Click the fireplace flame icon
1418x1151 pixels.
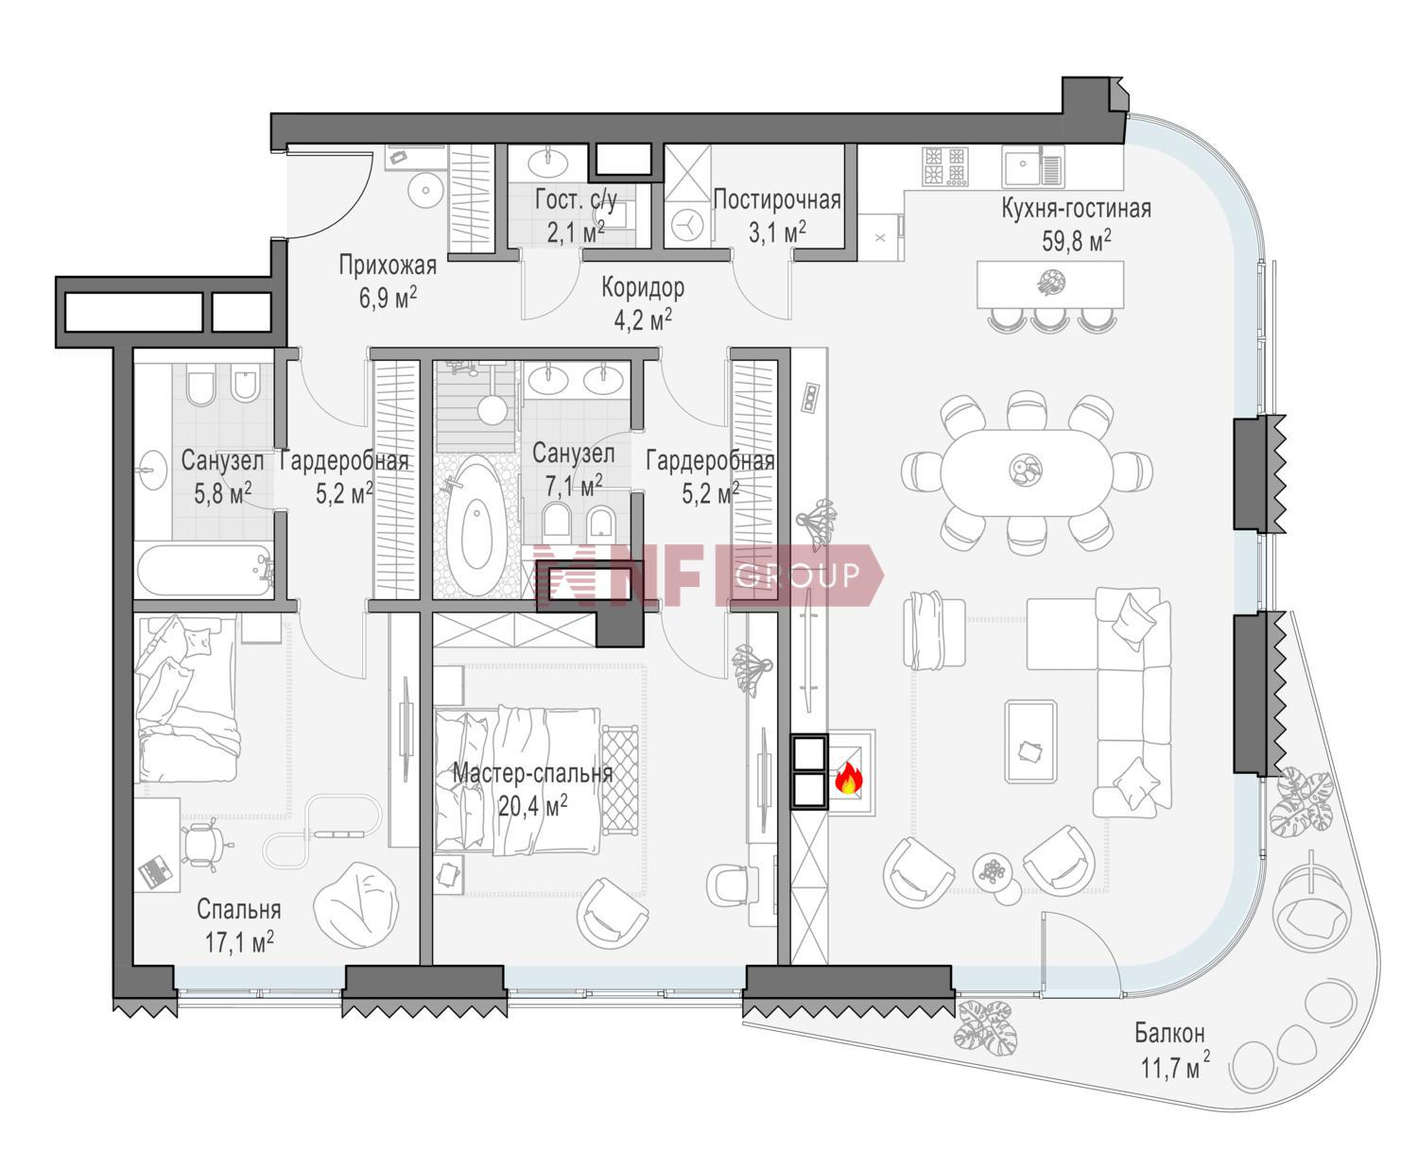(x=848, y=778)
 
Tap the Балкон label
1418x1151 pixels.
(x=1169, y=1033)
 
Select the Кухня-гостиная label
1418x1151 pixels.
(x=1077, y=208)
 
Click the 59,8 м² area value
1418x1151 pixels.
(x=1077, y=240)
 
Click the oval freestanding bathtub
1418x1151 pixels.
(x=476, y=525)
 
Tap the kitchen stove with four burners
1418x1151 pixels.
(x=944, y=165)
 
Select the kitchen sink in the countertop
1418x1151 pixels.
(x=1032, y=167)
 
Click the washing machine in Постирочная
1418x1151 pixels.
(x=687, y=224)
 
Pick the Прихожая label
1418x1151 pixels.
(x=388, y=265)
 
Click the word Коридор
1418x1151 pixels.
(x=643, y=287)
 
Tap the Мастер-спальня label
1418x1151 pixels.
(x=532, y=773)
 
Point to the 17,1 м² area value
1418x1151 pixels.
(x=239, y=941)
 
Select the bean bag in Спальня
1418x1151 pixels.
(x=356, y=905)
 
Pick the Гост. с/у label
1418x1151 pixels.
(x=576, y=199)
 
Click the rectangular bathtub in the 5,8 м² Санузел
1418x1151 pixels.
(x=204, y=571)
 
